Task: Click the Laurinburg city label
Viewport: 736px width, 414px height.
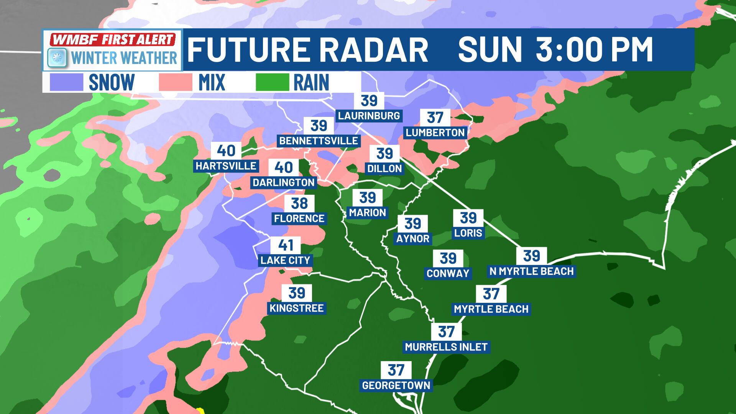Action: tap(369, 115)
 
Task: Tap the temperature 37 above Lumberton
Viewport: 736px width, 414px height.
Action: tap(435, 118)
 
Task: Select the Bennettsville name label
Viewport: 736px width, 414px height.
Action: tap(319, 141)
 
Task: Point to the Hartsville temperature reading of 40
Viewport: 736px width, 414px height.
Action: tap(226, 151)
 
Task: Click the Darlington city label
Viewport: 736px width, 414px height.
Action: tap(284, 182)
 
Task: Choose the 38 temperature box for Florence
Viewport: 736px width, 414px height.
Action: tap(299, 204)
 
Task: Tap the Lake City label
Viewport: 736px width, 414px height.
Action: tap(285, 260)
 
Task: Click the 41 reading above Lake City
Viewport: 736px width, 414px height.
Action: tap(286, 245)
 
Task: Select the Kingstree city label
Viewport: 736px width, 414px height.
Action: tap(297, 308)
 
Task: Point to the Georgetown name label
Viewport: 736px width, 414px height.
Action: tap(396, 385)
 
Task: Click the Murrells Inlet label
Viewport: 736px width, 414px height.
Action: tap(446, 347)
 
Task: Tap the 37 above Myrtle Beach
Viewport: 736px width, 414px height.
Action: tap(491, 294)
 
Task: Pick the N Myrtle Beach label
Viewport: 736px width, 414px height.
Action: tap(532, 271)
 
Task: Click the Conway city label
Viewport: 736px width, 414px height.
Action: tap(448, 273)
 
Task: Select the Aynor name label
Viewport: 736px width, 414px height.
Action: tap(413, 238)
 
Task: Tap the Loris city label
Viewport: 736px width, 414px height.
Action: tap(468, 233)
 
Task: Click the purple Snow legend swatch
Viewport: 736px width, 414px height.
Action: tap(66, 82)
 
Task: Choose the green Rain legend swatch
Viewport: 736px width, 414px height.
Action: tap(272, 82)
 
